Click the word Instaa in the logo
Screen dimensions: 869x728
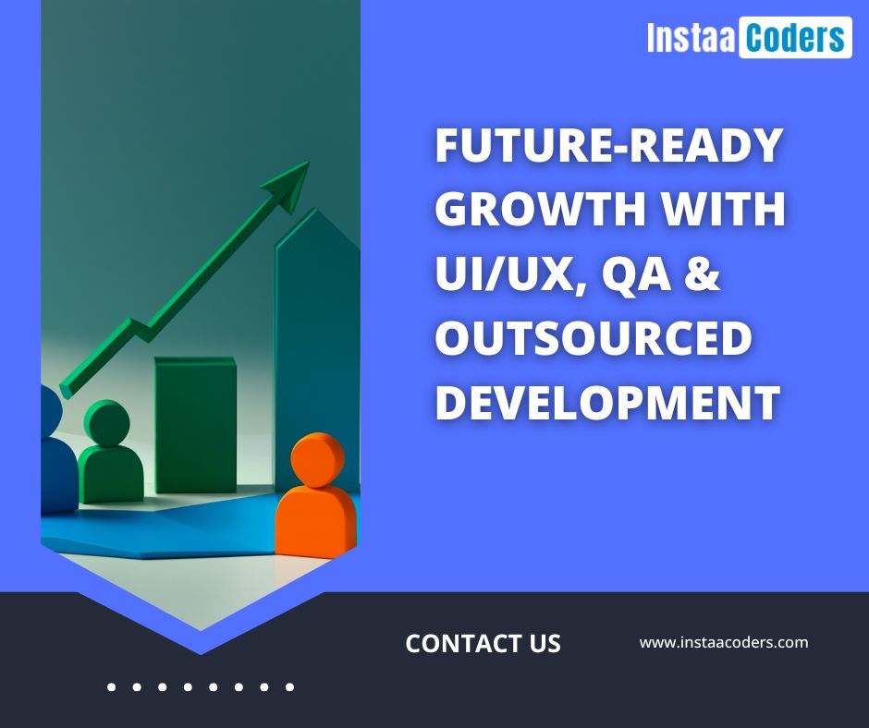(x=692, y=38)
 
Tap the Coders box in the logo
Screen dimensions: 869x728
(x=795, y=37)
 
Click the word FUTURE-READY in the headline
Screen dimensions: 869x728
(x=609, y=145)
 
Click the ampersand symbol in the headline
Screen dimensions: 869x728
(x=703, y=273)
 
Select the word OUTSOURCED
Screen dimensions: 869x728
(x=594, y=337)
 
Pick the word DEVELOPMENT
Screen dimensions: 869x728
(x=608, y=402)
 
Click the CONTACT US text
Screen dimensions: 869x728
(x=483, y=643)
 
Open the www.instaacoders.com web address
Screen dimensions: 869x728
(x=724, y=643)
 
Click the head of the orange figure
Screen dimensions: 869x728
(x=318, y=460)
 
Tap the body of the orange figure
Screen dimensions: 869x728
(x=316, y=521)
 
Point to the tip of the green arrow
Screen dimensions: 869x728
(x=309, y=163)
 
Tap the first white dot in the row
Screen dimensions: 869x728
(x=111, y=687)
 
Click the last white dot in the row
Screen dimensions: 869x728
(x=289, y=687)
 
